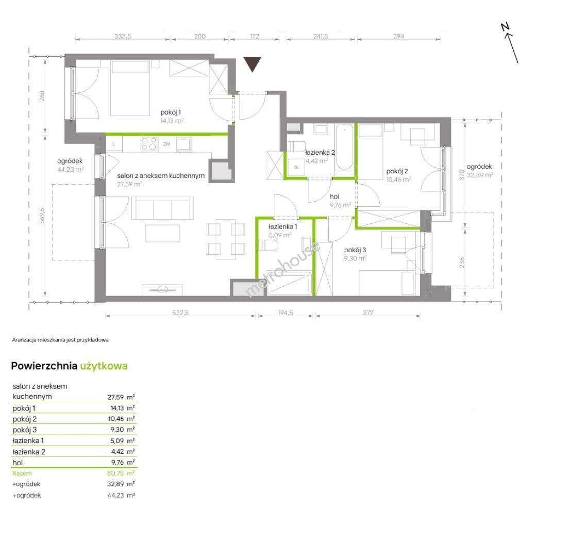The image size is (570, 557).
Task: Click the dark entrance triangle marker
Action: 252,63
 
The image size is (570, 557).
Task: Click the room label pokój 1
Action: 171,112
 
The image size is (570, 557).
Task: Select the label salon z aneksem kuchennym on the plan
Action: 161,176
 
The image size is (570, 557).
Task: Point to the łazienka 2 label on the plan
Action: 320,153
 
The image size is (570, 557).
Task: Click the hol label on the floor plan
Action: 334,196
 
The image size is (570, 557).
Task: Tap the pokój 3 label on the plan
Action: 355,250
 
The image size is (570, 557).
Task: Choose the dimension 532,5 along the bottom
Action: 180,313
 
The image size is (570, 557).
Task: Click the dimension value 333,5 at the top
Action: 123,37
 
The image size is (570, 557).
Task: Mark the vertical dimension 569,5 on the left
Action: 43,216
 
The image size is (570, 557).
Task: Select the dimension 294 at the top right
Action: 398,37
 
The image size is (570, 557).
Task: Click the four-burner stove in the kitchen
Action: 149,143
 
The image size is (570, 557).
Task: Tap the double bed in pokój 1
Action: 130,88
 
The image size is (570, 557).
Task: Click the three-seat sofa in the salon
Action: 162,208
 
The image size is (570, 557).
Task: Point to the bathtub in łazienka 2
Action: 344,148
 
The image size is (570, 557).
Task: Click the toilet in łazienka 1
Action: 267,245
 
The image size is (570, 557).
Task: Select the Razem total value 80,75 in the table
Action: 115,473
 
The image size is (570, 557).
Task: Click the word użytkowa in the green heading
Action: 104,366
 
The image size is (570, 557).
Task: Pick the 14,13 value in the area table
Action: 117,408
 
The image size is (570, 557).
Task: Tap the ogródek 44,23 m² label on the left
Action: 70,165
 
